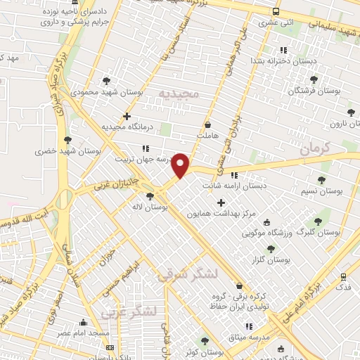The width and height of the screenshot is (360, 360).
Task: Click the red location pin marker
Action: (181, 165)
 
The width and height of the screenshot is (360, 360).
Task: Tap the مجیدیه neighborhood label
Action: (179, 94)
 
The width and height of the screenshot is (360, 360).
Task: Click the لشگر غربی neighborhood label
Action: (127, 311)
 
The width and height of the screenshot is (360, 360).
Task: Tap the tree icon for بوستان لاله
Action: (149, 196)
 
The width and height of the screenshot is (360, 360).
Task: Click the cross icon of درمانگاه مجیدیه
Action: (127, 116)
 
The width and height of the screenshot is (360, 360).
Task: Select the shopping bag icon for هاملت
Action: (207, 124)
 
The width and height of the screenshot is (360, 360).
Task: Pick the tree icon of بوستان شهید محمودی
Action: (105, 81)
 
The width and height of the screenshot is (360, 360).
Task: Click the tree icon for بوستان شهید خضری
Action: (67, 141)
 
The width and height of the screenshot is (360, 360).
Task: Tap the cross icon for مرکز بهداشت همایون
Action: (221, 202)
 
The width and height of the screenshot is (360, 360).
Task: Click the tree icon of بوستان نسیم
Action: (321, 181)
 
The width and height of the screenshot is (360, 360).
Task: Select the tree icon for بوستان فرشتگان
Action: (314, 79)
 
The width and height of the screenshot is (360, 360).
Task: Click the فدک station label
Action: (345, 288)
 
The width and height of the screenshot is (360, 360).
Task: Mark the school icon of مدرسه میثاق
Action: (249, 326)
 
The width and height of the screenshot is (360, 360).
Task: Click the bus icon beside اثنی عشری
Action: (275, 12)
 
